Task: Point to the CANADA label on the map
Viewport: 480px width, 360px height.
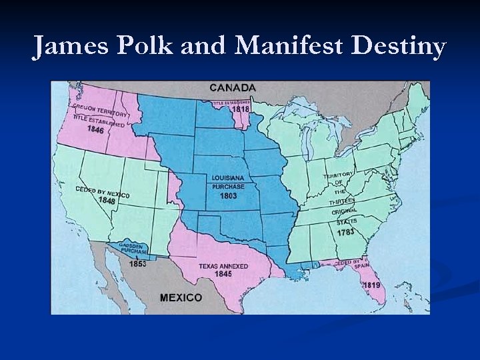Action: point(232,87)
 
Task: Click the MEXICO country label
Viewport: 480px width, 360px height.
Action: point(181,297)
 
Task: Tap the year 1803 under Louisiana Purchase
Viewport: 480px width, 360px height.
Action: point(229,196)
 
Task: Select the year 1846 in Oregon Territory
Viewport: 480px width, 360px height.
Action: point(95,130)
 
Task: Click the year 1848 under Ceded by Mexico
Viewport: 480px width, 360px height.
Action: point(107,201)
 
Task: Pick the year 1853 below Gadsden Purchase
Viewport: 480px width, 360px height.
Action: point(138,263)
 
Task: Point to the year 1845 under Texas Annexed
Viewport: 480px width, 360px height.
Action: point(223,274)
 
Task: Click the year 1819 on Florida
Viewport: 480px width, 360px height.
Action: point(371,285)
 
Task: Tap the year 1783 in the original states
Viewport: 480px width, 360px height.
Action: point(345,232)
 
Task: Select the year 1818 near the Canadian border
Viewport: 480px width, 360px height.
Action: point(241,109)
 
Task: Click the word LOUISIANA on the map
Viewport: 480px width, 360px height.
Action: point(228,179)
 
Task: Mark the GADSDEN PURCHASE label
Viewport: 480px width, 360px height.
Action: point(134,248)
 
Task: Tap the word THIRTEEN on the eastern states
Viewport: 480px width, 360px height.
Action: point(341,201)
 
